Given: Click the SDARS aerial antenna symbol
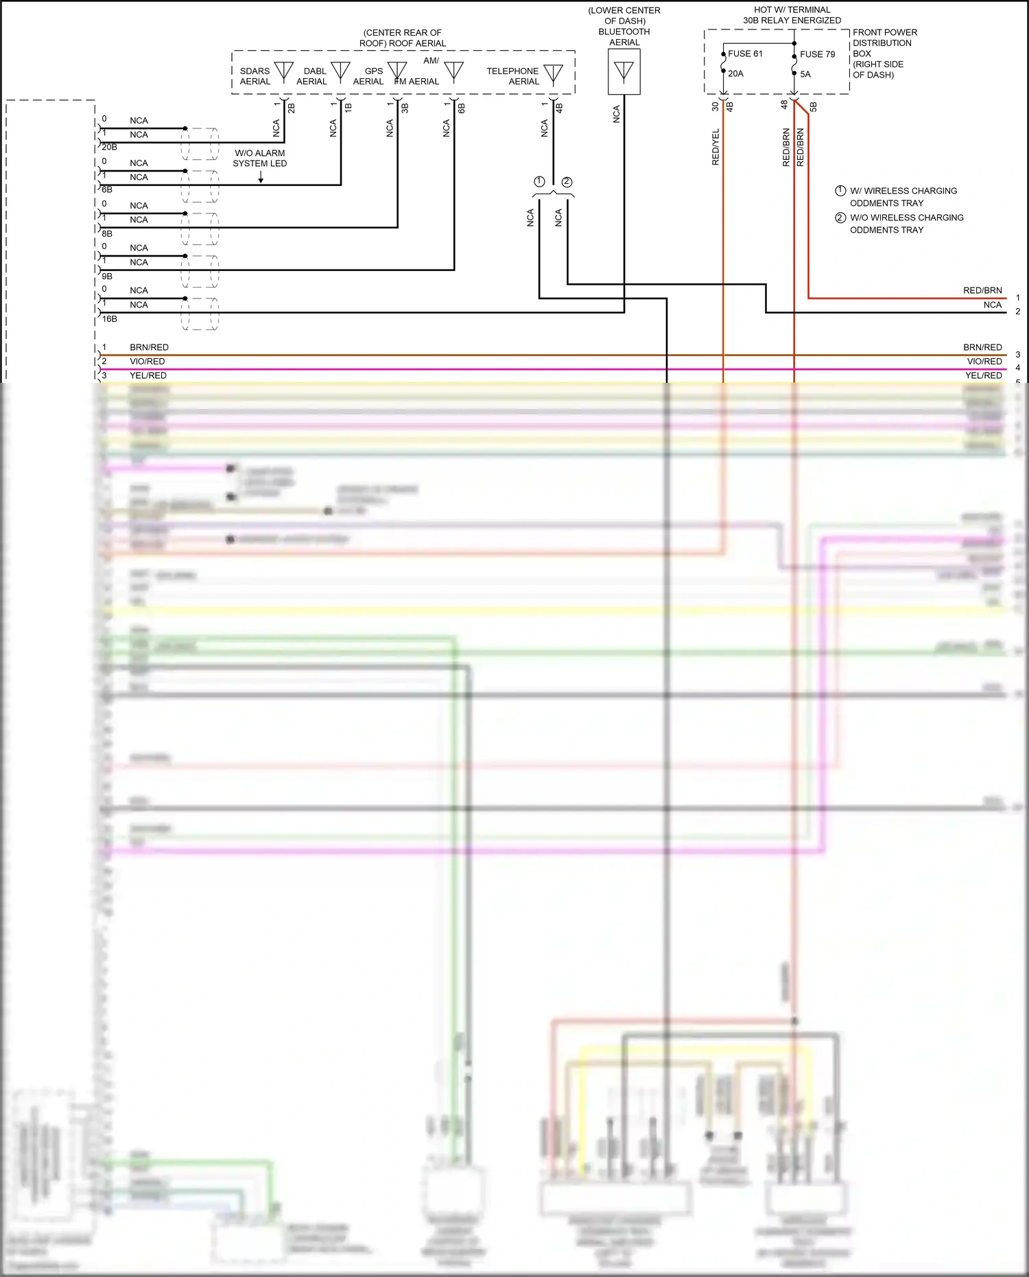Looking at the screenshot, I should point(283,71).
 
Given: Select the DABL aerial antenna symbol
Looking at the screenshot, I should point(340,71).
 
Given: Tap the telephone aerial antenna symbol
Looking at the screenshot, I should point(553,73).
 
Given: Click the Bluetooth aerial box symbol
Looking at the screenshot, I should point(624,72).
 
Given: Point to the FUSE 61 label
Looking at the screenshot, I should point(745,54).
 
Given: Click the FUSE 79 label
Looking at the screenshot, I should point(817,54).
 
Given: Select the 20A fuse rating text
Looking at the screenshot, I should point(735,73).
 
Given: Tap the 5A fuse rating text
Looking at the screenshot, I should point(805,74).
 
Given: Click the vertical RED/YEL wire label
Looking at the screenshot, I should point(715,147).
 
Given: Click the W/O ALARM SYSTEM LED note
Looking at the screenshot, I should point(259,159).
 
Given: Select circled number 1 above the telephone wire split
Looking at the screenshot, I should point(539,182).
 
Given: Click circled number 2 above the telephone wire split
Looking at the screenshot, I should point(567,182).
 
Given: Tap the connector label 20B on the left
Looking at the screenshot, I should point(109,147).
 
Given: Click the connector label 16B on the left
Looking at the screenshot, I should point(109,319).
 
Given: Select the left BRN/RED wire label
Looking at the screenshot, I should point(149,347).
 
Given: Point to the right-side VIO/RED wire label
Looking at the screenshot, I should point(984,361).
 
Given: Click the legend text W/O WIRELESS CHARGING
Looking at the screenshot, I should point(906,218).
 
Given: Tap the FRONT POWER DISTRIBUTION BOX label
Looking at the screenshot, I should point(884,53).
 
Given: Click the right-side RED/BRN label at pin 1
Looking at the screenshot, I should point(982,290).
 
